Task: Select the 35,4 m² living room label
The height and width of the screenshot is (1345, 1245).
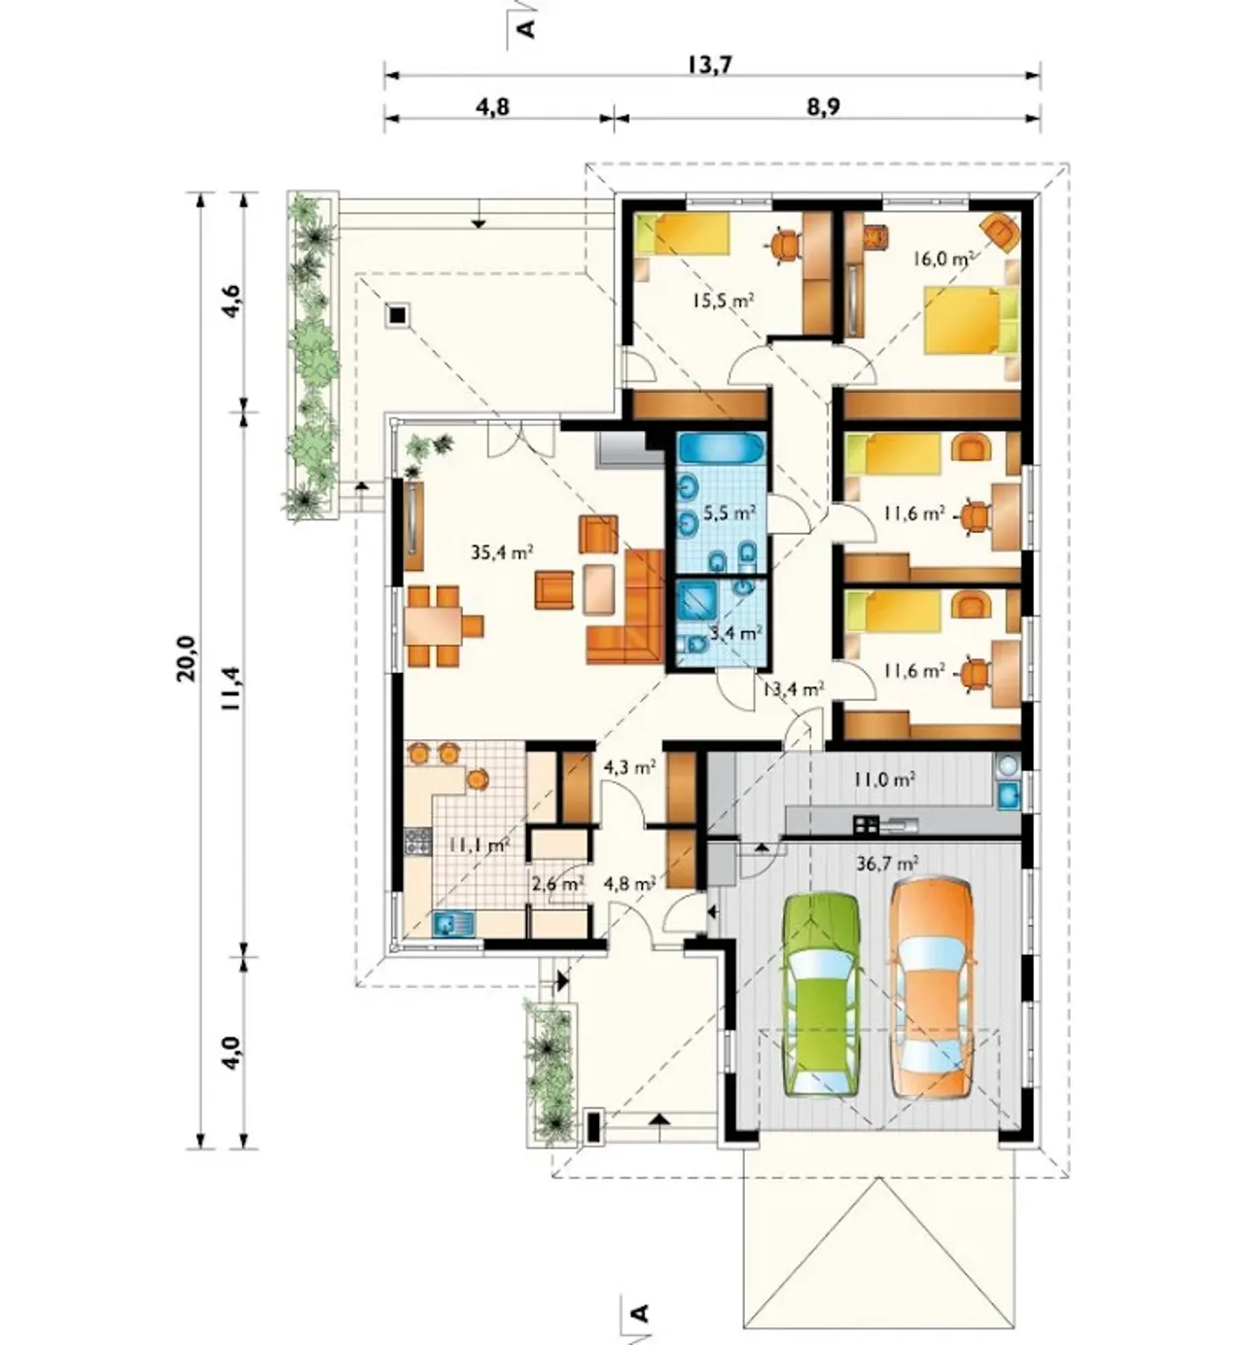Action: click(502, 552)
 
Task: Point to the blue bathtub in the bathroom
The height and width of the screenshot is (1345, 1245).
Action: click(722, 448)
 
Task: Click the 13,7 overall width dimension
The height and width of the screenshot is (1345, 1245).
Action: click(711, 65)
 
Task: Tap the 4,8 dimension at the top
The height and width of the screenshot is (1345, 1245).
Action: click(492, 107)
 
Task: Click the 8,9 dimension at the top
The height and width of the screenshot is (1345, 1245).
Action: click(823, 107)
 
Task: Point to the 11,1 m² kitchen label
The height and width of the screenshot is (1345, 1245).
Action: click(478, 844)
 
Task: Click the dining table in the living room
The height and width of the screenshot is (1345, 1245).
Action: click(433, 625)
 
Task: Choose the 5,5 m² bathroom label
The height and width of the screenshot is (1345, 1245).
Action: click(729, 513)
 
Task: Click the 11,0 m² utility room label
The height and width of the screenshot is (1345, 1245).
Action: click(885, 779)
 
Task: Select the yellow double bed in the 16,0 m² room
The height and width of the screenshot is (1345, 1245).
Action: click(972, 319)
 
